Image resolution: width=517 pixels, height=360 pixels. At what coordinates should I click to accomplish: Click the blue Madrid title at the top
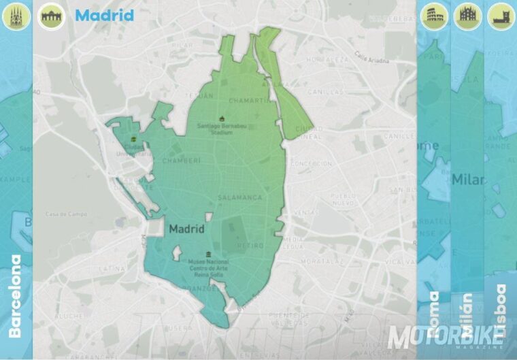[x=104, y=15]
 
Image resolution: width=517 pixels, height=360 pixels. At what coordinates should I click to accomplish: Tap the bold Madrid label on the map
[x=186, y=229]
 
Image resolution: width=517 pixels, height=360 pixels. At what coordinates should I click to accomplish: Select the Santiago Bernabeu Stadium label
[x=220, y=128]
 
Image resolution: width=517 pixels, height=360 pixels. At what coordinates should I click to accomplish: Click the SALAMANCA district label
[x=239, y=197]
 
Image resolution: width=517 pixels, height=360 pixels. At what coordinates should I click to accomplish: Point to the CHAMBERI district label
[x=182, y=161]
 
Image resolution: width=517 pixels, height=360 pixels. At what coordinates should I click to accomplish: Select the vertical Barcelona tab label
[x=16, y=296]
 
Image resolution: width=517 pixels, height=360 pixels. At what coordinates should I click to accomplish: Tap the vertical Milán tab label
[x=467, y=315]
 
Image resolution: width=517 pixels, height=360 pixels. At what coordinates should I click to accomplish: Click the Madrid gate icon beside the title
[x=51, y=16]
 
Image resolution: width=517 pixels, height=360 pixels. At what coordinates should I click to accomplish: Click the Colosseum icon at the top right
[x=433, y=15]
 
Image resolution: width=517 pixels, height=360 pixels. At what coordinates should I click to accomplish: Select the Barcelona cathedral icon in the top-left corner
[x=15, y=15]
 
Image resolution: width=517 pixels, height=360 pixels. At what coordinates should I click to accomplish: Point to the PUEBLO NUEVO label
[x=343, y=198]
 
